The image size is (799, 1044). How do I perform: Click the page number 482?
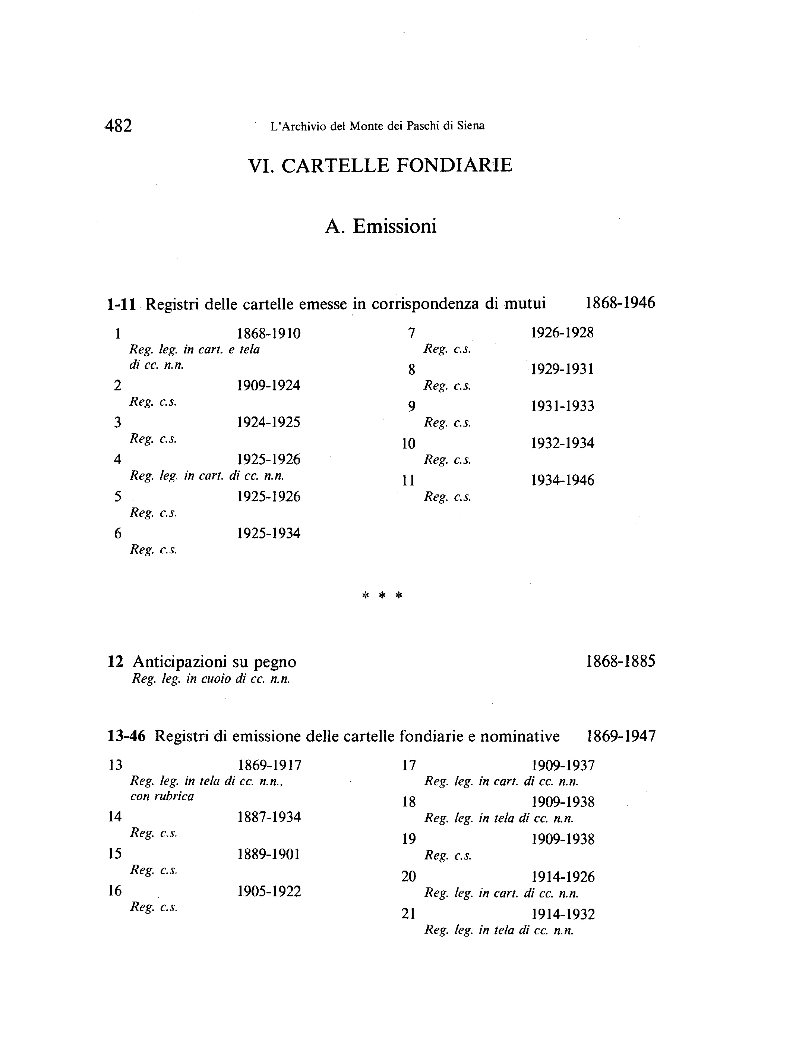pyautogui.click(x=119, y=126)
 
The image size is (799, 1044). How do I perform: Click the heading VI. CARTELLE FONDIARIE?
pyautogui.click(x=380, y=165)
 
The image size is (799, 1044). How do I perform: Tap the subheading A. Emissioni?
pyautogui.click(x=380, y=226)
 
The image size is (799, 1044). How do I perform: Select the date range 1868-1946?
pyautogui.click(x=620, y=303)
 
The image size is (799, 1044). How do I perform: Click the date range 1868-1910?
pyautogui.click(x=269, y=334)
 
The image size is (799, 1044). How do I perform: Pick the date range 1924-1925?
pyautogui.click(x=269, y=422)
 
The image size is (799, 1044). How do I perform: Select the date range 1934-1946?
pyautogui.click(x=562, y=480)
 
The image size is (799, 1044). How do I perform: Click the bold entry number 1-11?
pyautogui.click(x=122, y=304)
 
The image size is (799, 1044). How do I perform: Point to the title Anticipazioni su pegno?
pyautogui.click(x=215, y=661)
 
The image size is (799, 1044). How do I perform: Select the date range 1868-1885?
pyautogui.click(x=620, y=661)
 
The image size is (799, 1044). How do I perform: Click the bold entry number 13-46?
pyautogui.click(x=126, y=736)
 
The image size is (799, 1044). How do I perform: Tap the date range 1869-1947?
pyautogui.click(x=620, y=736)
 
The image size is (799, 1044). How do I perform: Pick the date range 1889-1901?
pyautogui.click(x=269, y=854)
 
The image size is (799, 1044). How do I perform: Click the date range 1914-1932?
pyautogui.click(x=563, y=914)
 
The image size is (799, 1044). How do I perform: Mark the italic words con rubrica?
pyautogui.click(x=162, y=796)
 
